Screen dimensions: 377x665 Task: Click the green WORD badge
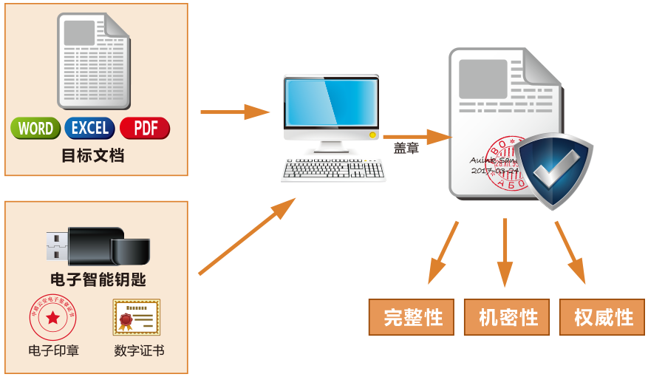pyautogui.click(x=35, y=129)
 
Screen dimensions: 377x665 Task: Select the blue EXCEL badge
pyautogui.click(x=90, y=129)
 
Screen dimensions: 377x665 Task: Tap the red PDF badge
pyautogui.click(x=146, y=129)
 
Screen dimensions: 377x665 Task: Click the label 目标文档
pyautogui.click(x=92, y=156)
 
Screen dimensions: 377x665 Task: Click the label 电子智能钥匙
pyautogui.click(x=98, y=280)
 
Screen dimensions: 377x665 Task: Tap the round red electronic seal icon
pyautogui.click(x=52, y=318)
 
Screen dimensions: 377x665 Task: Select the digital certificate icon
pyautogui.click(x=136, y=318)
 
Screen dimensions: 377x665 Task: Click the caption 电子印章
pyautogui.click(x=53, y=350)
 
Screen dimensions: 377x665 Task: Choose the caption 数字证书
pyautogui.click(x=139, y=350)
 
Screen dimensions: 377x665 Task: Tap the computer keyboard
pyautogui.click(x=333, y=170)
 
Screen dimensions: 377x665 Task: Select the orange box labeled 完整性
pyautogui.click(x=412, y=318)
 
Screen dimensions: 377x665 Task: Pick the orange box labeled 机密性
pyautogui.click(x=507, y=318)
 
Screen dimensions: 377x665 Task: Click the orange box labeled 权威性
pyautogui.click(x=602, y=318)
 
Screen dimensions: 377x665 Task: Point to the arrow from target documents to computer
pyautogui.click(x=236, y=112)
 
